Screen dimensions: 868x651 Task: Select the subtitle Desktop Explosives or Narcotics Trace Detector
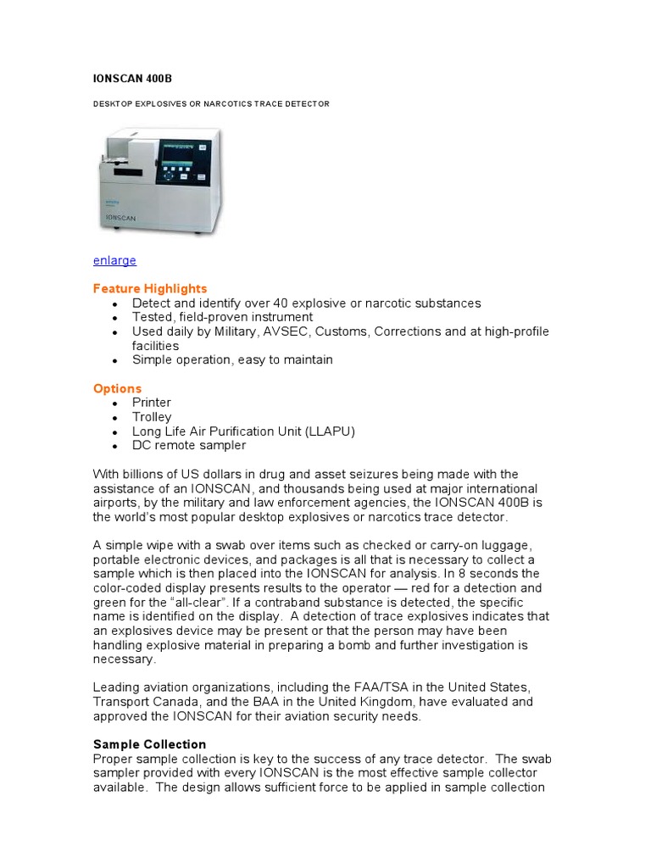pos(211,103)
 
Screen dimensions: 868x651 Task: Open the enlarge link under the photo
pos(114,260)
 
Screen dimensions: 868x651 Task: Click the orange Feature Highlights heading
pos(150,288)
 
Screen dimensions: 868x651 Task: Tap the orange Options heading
pos(117,388)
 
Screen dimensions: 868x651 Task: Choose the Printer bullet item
pos(152,403)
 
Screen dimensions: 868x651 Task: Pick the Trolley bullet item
pos(152,417)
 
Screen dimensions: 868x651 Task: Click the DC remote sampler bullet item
pos(189,445)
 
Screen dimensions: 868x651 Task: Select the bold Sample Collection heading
pos(149,743)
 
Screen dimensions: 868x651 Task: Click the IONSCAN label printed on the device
pos(121,217)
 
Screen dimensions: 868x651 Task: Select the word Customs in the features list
pos(343,331)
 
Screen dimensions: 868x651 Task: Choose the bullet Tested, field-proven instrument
pos(222,317)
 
